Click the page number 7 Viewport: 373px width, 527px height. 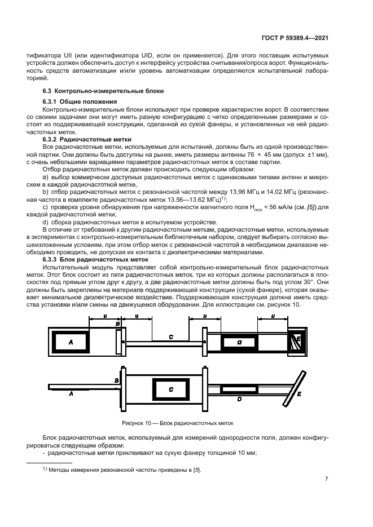click(x=327, y=479)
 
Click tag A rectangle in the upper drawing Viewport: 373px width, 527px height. click(x=71, y=342)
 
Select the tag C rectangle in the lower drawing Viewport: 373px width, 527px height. click(x=171, y=389)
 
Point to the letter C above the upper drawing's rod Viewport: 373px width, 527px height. click(x=171, y=336)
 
